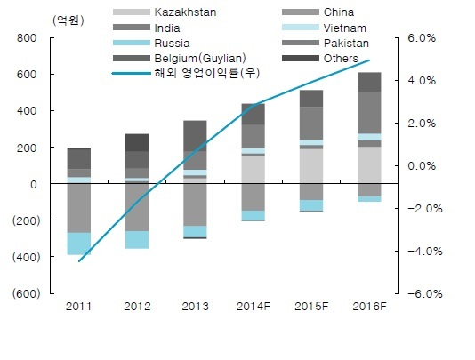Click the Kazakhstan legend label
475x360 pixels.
tap(185, 12)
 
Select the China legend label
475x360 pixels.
tap(338, 12)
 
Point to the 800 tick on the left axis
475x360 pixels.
tap(27, 38)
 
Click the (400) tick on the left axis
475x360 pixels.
tap(26, 257)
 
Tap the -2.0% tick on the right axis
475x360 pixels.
tap(424, 209)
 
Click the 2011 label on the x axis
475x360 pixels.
tap(78, 307)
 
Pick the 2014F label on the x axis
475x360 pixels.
tap(254, 307)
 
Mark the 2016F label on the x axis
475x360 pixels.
tap(369, 307)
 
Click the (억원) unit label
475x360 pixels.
tap(68, 20)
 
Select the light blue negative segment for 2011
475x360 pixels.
tap(79, 244)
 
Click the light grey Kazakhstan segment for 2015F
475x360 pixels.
tap(311, 166)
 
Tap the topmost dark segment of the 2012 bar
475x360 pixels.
tap(137, 142)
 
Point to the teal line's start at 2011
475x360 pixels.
tap(79, 261)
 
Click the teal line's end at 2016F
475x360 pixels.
tap(369, 60)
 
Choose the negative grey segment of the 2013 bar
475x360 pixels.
tap(195, 204)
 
